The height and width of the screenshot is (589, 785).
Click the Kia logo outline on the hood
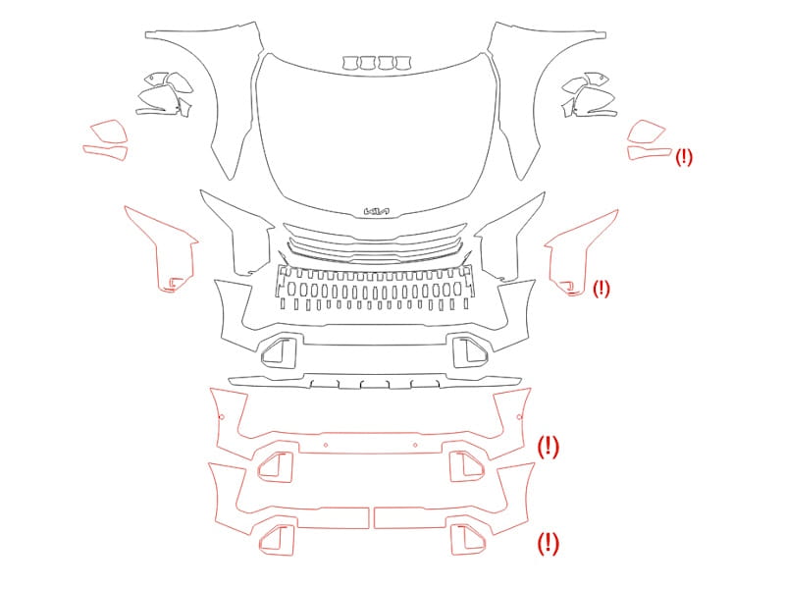[x=377, y=212]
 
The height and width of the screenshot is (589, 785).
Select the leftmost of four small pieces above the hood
[x=351, y=63]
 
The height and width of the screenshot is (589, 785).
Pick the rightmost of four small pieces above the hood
[x=403, y=63]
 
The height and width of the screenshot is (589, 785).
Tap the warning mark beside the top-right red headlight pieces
[x=684, y=157]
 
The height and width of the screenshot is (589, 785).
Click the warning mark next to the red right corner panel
[x=602, y=289]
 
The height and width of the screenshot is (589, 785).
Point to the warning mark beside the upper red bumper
[x=549, y=447]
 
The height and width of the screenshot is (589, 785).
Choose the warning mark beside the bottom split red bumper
[x=549, y=544]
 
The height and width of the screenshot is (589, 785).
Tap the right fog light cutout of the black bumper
[x=470, y=351]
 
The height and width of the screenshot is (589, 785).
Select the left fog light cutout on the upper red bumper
[x=275, y=466]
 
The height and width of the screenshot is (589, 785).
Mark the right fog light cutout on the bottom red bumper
[x=468, y=540]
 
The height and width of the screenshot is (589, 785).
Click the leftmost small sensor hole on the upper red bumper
[x=222, y=416]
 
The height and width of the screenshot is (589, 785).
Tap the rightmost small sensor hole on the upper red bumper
[x=519, y=416]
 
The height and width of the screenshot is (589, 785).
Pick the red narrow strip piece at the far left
[x=105, y=152]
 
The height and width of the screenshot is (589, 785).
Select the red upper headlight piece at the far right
[x=647, y=132]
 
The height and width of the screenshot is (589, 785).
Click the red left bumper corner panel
[x=162, y=249]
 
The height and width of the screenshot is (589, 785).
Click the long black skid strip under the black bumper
[x=375, y=382]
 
